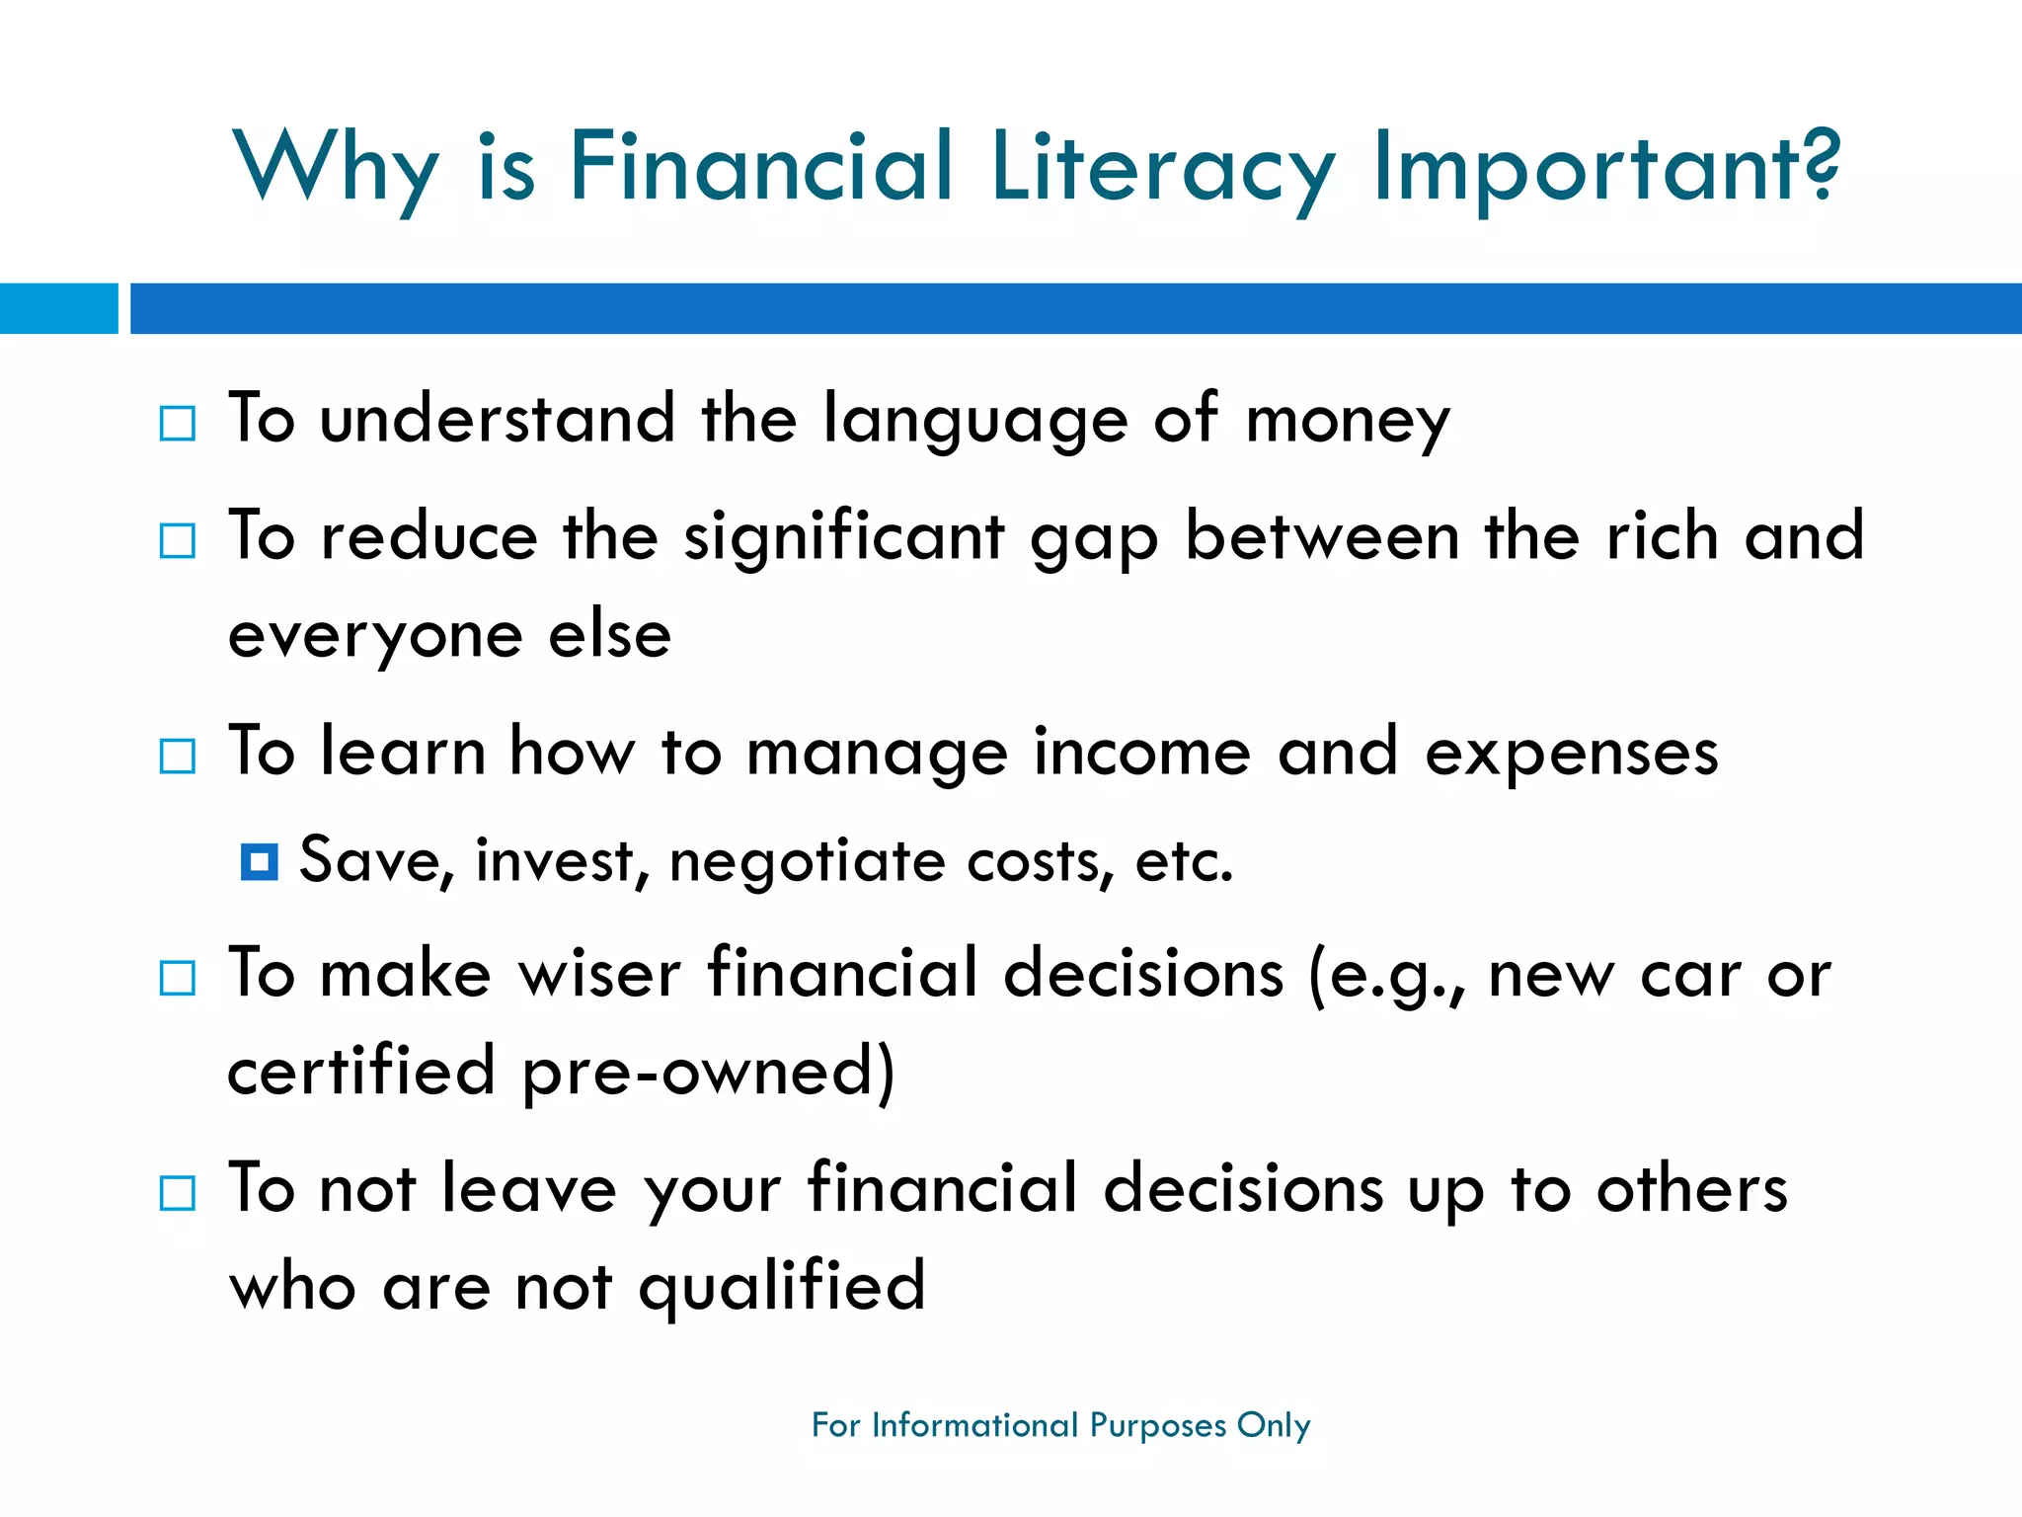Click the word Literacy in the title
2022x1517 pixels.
(x=1163, y=168)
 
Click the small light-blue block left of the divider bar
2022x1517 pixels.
(x=58, y=308)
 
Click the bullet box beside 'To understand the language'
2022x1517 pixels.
(x=178, y=424)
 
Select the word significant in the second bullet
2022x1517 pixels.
(x=844, y=539)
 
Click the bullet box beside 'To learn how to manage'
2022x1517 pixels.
(x=178, y=757)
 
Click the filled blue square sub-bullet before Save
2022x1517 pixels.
(x=259, y=862)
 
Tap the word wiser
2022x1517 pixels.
(x=600, y=975)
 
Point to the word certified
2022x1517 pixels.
(x=361, y=1072)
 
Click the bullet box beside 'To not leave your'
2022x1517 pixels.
(x=178, y=1193)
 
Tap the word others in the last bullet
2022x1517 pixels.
(x=1692, y=1190)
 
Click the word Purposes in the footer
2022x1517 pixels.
(x=1157, y=1425)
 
